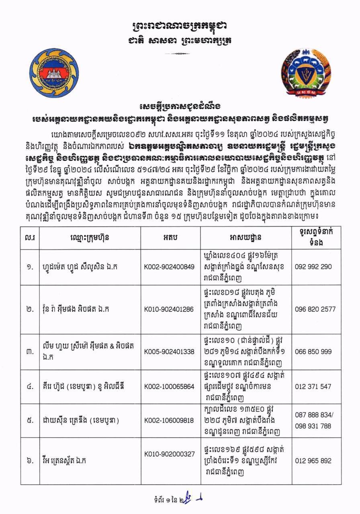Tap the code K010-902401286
point(169,310)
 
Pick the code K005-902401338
point(169,351)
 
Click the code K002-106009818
point(169,420)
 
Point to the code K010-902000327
point(169,454)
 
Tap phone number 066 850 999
point(313,351)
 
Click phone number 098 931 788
point(313,426)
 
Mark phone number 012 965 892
point(313,461)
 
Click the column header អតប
point(168,237)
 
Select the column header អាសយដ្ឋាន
point(246,237)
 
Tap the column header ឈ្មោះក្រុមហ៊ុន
point(89,237)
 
